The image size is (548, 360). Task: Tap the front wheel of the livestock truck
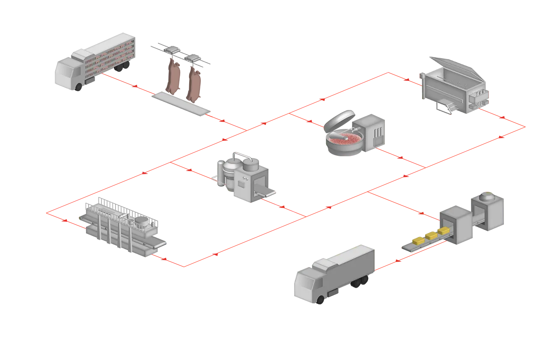click(79, 87)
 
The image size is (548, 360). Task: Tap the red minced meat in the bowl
click(344, 137)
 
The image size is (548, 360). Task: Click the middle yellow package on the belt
click(431, 235)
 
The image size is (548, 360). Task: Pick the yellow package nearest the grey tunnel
click(443, 231)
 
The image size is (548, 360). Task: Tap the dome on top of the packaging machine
click(485, 197)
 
